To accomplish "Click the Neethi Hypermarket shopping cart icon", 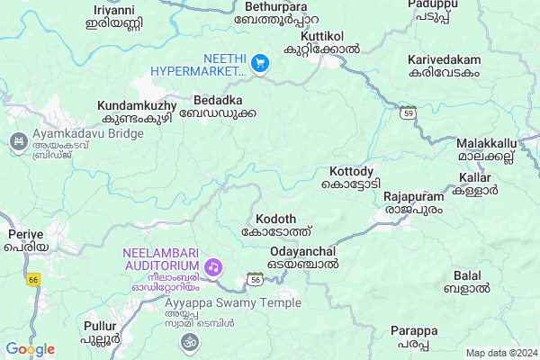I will pos(260,63).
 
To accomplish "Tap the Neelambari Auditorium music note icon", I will pos(213,266).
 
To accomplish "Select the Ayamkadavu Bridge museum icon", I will pos(17,141).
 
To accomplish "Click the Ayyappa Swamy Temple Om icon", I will pos(188,341).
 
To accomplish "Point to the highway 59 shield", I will pos(408,113).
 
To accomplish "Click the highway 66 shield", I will pos(33,280).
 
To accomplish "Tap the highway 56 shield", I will pos(256,280).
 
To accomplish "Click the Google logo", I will pos(30,349).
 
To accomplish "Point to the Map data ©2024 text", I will pos(499,353).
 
